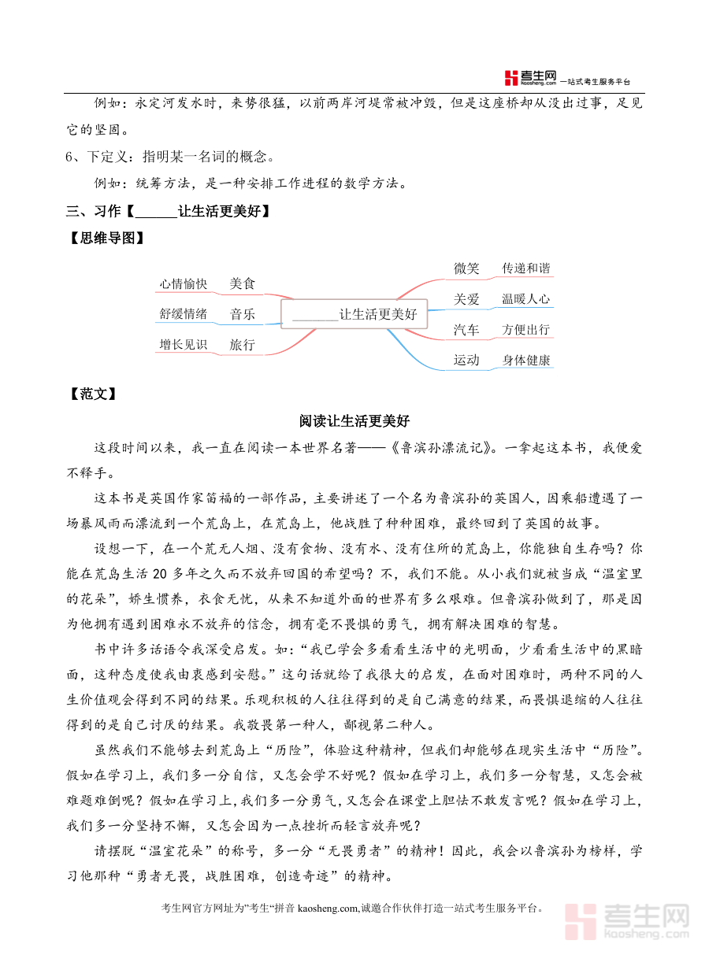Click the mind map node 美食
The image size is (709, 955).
[242, 283]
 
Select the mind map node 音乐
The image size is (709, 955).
[242, 314]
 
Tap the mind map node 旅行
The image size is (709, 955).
[242, 344]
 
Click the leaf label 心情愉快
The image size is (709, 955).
[183, 283]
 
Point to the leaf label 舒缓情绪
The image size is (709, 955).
[183, 314]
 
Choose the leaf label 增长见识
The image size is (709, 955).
[183, 344]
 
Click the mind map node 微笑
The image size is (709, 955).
[466, 268]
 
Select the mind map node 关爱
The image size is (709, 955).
[466, 299]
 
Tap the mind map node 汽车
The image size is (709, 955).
[466, 329]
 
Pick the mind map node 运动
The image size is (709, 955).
[466, 360]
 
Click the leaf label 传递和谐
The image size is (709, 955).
[526, 268]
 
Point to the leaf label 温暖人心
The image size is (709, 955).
[526, 299]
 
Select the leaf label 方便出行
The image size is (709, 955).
[526, 329]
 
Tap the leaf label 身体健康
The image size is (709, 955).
[526, 360]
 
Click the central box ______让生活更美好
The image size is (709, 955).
[354, 314]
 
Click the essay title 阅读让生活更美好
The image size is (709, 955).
[354, 421]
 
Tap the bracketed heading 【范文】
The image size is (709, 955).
[93, 394]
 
